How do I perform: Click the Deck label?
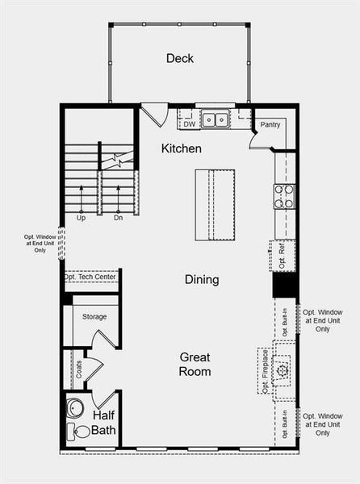tap(179, 58)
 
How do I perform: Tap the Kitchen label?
tap(181, 148)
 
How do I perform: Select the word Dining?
tap(202, 279)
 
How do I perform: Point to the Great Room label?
tap(195, 364)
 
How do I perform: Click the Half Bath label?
tap(103, 422)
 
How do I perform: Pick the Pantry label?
tap(269, 125)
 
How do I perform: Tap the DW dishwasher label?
tap(189, 124)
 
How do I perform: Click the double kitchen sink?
tap(215, 120)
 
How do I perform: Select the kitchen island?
tap(214, 204)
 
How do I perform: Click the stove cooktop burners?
tap(284, 197)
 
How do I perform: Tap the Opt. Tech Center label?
tap(90, 277)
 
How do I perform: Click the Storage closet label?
tap(94, 317)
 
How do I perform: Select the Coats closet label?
tap(79, 369)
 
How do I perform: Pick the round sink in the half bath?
tap(75, 407)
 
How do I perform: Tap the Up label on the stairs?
tap(81, 218)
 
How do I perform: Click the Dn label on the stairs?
tap(118, 218)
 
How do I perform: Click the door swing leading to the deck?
tap(153, 113)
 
